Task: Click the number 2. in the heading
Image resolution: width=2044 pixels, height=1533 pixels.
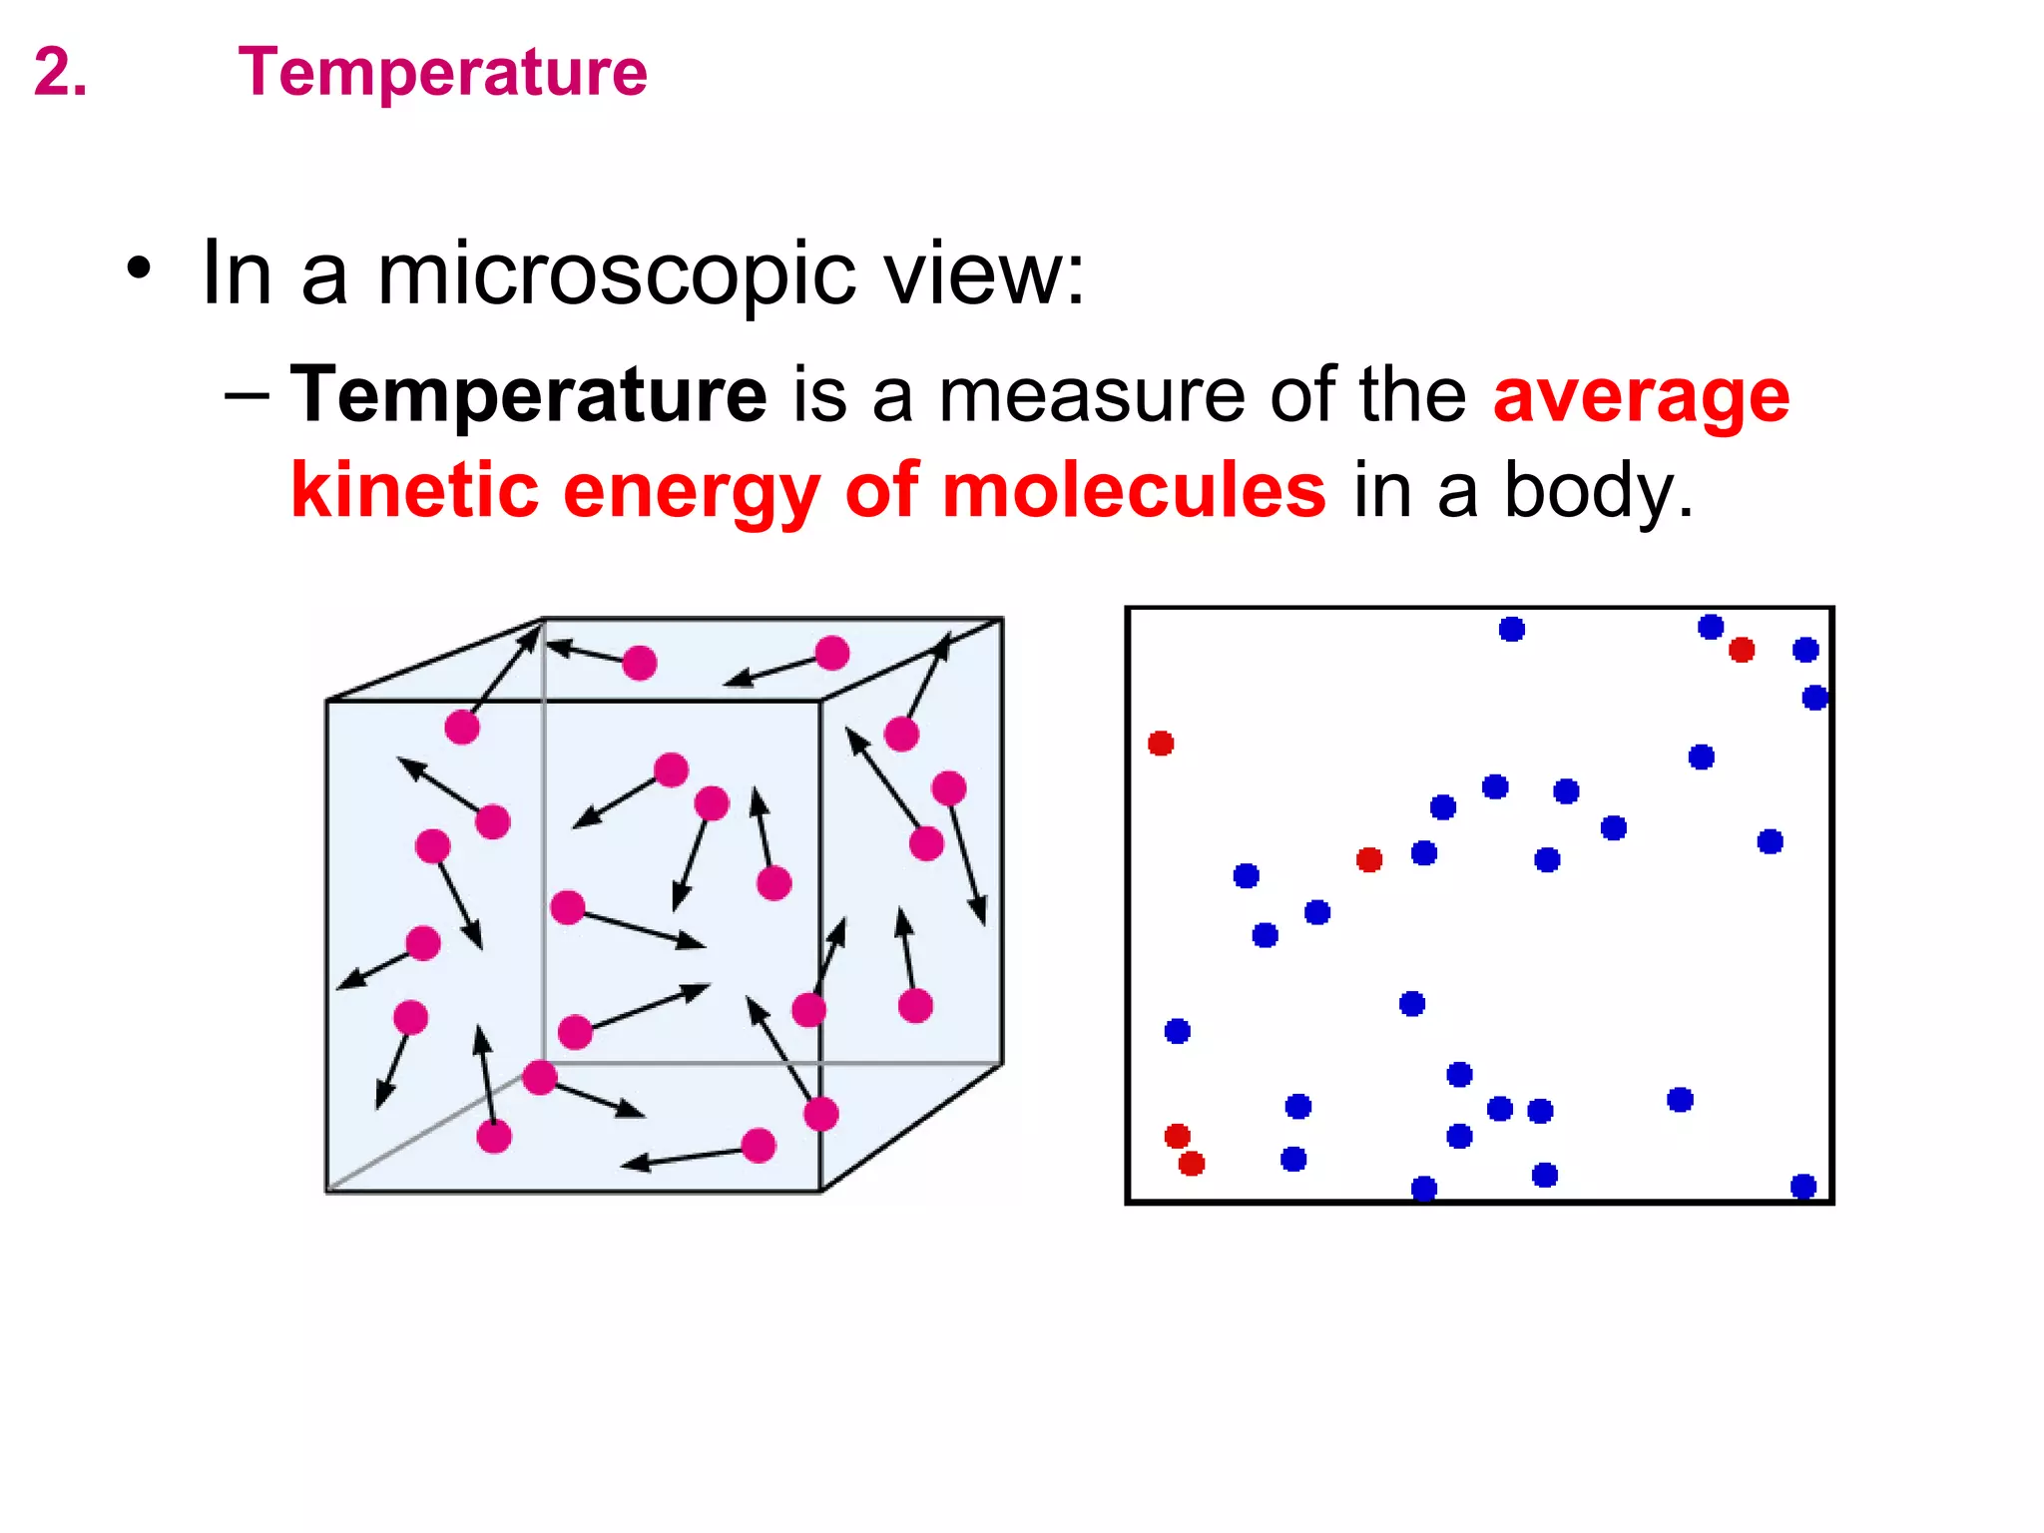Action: tap(60, 73)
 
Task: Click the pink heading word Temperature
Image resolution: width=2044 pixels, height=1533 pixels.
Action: tap(442, 73)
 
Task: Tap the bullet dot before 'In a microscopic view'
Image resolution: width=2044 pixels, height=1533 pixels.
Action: tap(140, 269)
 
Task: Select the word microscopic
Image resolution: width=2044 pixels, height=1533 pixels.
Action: tap(616, 274)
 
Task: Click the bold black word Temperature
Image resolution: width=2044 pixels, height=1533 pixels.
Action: tap(528, 395)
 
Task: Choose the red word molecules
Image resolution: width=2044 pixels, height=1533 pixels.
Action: tap(1134, 490)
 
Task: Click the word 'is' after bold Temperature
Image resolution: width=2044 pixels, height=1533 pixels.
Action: tap(819, 395)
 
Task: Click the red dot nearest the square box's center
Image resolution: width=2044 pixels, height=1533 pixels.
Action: tap(1369, 859)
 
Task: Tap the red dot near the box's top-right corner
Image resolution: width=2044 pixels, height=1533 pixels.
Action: tap(1742, 650)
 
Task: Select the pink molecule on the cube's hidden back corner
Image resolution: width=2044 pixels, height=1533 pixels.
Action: tap(540, 1078)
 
